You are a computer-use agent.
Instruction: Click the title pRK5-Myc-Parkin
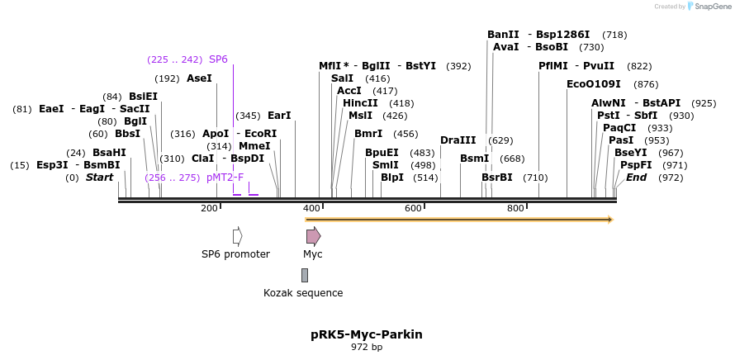click(367, 334)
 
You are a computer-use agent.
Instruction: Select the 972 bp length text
click(367, 348)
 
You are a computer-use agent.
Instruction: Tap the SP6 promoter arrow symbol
click(237, 236)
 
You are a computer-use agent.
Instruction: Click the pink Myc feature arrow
click(313, 236)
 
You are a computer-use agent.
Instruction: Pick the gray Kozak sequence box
click(305, 275)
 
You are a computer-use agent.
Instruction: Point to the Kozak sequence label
click(303, 293)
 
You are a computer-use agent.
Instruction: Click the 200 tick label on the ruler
click(209, 208)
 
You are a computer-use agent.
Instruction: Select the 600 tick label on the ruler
click(413, 208)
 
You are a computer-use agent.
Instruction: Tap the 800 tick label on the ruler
click(515, 208)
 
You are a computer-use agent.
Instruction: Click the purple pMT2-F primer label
click(225, 178)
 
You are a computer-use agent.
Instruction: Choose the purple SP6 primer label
click(218, 59)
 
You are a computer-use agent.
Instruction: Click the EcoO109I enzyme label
click(593, 84)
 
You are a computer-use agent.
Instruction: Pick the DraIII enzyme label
click(458, 140)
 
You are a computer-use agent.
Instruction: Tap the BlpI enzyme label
click(392, 178)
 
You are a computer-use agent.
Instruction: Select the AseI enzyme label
click(199, 78)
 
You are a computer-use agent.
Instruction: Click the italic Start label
click(99, 178)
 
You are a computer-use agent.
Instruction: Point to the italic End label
click(636, 178)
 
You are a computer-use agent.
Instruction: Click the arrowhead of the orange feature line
click(610, 220)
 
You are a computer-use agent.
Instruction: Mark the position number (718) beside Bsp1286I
click(615, 35)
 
